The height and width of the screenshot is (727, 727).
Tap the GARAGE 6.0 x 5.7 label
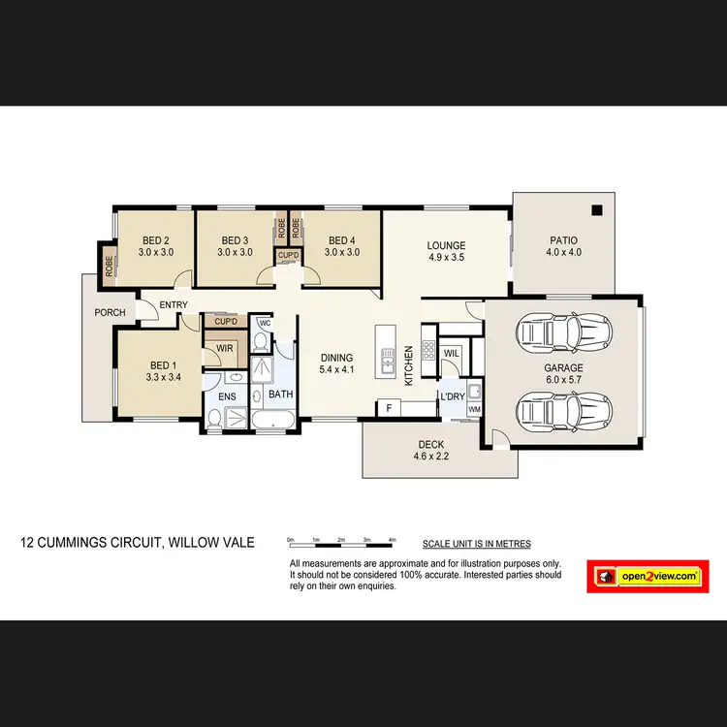pyautogui.click(x=563, y=374)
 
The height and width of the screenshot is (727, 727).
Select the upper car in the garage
pyautogui.click(x=563, y=332)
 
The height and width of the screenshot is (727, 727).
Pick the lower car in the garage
pyautogui.click(x=563, y=412)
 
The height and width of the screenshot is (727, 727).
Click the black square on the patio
pyautogui.click(x=597, y=210)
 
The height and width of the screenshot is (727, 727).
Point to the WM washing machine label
pyautogui.click(x=474, y=410)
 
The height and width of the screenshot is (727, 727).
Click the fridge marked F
pyautogui.click(x=389, y=409)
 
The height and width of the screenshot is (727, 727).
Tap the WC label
pyautogui.click(x=265, y=323)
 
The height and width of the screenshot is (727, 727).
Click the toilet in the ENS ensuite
pyautogui.click(x=214, y=419)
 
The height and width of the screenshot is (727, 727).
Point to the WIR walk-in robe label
pyautogui.click(x=225, y=348)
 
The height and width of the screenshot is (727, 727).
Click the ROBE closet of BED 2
pyautogui.click(x=108, y=261)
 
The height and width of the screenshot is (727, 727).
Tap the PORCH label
pyautogui.click(x=110, y=313)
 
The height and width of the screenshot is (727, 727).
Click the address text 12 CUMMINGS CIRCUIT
pyautogui.click(x=138, y=543)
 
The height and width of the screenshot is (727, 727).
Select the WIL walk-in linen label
pyautogui.click(x=451, y=353)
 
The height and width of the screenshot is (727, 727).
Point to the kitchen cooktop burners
pyautogui.click(x=427, y=351)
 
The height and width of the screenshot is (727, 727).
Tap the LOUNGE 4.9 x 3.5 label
pyautogui.click(x=446, y=251)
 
